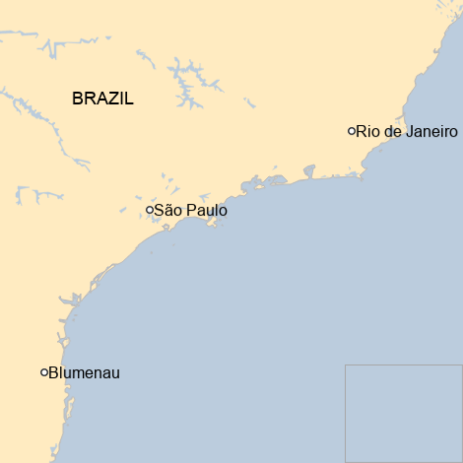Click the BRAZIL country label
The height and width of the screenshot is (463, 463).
[x=103, y=99]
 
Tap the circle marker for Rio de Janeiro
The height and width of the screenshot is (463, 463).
[x=351, y=131]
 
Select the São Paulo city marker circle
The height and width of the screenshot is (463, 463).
[x=149, y=210]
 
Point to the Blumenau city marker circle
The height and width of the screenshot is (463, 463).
[x=44, y=372]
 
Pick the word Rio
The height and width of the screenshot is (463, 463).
[x=367, y=132]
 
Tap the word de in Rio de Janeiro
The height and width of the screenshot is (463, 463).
[x=391, y=132]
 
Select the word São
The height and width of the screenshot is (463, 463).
[x=165, y=210]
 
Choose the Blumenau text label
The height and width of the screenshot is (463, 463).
[x=85, y=373]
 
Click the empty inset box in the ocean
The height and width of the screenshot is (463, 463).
[x=404, y=413]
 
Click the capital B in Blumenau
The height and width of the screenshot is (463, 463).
[x=53, y=373]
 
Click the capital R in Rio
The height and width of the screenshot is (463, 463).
[x=361, y=132]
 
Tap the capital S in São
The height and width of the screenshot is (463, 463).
[x=158, y=210]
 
